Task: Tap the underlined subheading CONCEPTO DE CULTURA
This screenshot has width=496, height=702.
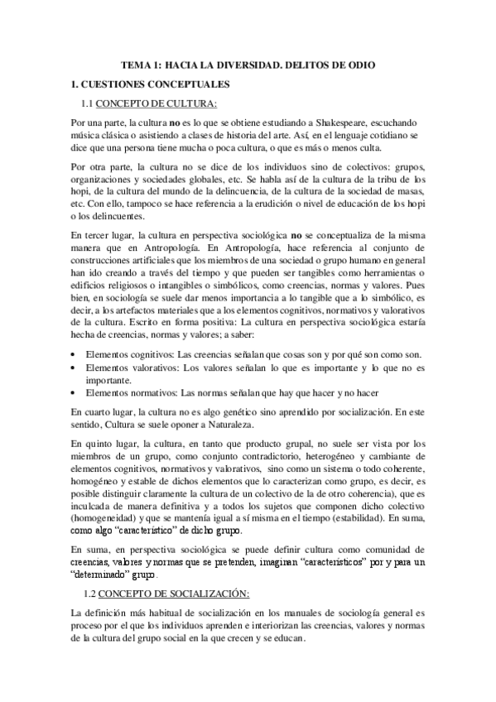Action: (157, 103)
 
